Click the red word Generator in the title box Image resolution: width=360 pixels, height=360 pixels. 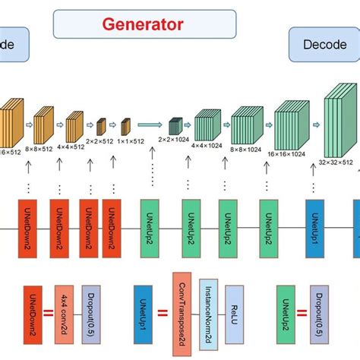click(x=143, y=24)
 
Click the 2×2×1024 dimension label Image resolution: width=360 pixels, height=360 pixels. click(x=174, y=140)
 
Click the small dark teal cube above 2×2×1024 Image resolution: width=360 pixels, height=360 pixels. click(x=175, y=124)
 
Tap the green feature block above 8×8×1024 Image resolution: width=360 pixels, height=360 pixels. click(x=245, y=123)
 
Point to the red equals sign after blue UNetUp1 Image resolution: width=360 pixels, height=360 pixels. click(x=160, y=311)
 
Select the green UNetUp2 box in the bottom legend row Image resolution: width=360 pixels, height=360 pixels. click(x=286, y=309)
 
